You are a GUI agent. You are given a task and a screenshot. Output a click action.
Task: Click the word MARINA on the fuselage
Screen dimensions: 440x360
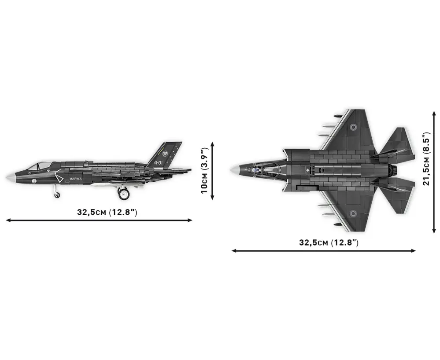[x=75, y=179]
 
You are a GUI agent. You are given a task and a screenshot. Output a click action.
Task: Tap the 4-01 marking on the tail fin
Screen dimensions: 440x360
[x=158, y=163]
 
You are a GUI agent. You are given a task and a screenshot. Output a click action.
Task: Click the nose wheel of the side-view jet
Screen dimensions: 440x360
[x=57, y=195]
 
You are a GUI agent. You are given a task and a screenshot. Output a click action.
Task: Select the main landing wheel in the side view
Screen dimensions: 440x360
[x=123, y=194]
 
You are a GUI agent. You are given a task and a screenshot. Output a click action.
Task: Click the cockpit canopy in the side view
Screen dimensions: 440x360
[x=39, y=165]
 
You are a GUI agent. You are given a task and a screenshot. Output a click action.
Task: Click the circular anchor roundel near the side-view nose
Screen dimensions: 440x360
[x=34, y=181]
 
